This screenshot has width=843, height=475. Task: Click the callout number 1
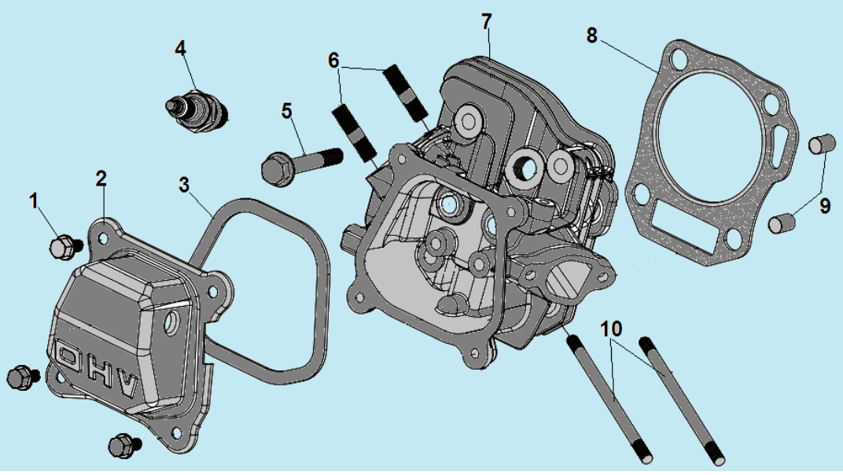coord(34,202)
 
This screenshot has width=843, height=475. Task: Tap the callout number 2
coord(101,179)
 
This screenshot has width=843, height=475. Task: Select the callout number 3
coord(184,186)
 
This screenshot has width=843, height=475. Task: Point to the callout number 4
coord(181,48)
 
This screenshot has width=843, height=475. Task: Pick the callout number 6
coord(333,59)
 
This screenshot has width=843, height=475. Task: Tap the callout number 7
coord(488,21)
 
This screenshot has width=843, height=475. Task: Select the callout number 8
coord(592,35)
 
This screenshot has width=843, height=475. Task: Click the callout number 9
coord(824,206)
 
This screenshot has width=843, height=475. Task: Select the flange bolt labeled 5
coord(299,164)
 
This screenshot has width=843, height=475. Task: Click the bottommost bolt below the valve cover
coord(122,445)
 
